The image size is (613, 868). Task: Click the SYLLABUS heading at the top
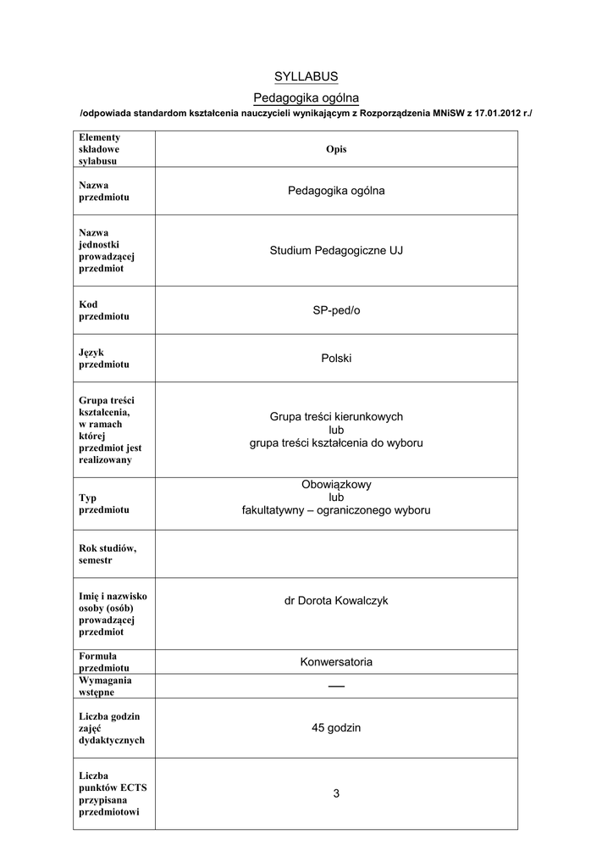[306, 77]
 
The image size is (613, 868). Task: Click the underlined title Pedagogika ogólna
[306, 98]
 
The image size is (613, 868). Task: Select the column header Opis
[336, 149]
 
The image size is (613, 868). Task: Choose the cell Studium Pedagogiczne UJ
[336, 251]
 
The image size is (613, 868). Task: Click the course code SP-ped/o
[336, 311]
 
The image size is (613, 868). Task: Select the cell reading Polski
[336, 359]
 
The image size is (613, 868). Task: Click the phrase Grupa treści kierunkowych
[336, 417]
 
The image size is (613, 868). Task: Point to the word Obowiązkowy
[336, 485]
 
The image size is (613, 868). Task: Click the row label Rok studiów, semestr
[107, 554]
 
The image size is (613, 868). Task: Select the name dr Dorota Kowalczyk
[336, 601]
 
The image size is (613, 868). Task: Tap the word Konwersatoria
[336, 662]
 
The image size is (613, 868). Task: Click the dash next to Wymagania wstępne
[336, 685]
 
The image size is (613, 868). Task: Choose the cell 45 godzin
[336, 728]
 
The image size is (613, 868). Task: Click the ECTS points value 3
[336, 794]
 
